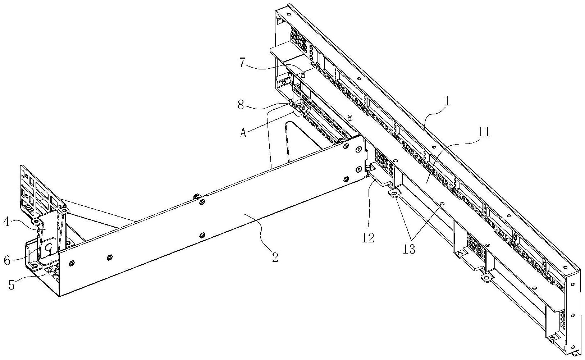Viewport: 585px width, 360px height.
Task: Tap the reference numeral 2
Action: pos(275,257)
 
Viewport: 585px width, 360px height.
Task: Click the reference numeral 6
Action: pos(7,260)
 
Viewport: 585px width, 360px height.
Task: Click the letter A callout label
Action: pos(243,133)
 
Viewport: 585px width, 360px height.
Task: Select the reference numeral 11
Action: pos(484,133)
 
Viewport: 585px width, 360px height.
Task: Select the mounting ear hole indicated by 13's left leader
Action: pos(394,195)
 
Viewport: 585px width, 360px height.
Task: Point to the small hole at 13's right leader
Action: pos(442,204)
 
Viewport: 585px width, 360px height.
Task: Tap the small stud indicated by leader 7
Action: pos(303,74)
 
